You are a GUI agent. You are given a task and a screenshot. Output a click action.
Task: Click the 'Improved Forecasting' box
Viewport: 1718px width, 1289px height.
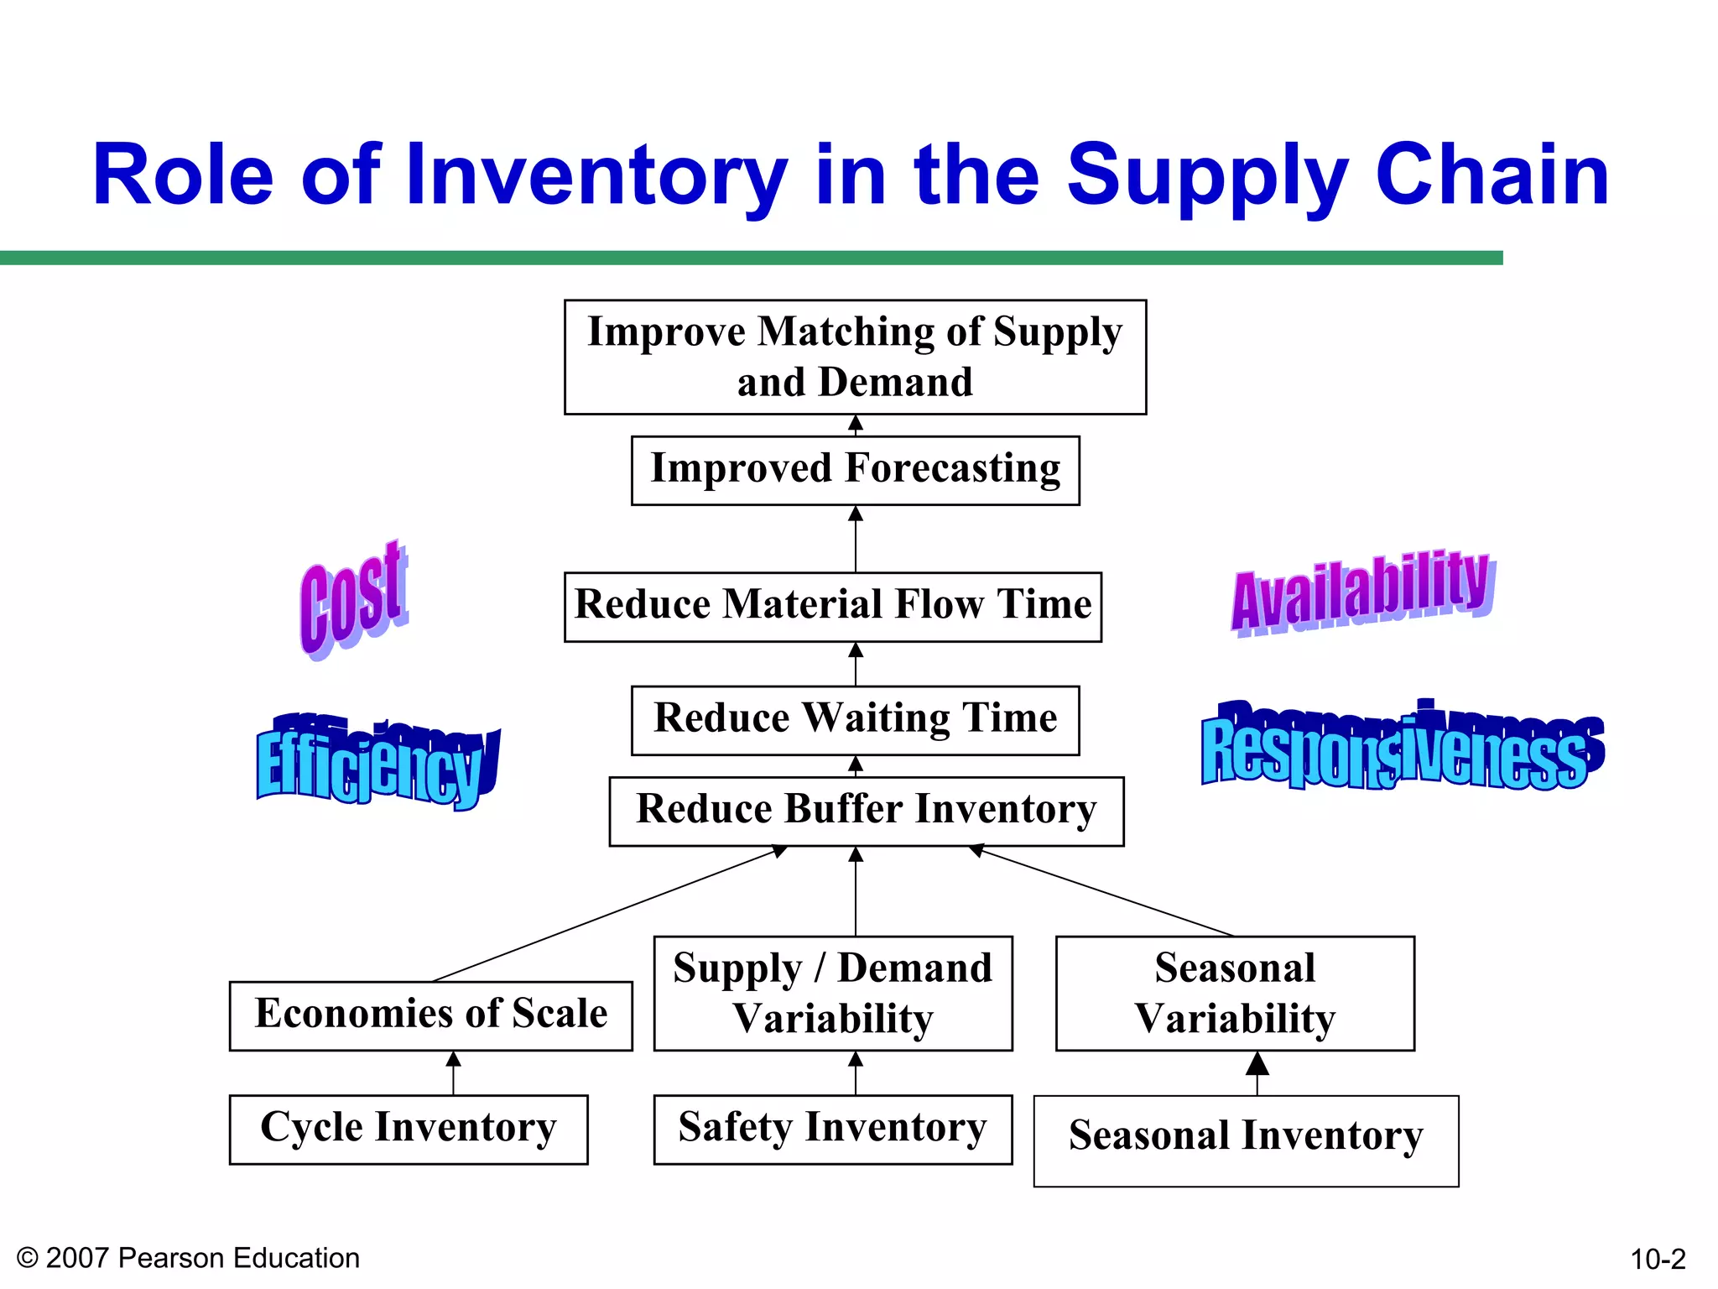click(x=855, y=470)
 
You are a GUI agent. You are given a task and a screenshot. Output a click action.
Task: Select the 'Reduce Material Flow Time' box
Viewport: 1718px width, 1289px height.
click(x=832, y=607)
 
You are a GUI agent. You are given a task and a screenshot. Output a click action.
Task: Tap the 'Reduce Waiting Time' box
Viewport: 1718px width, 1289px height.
click(x=855, y=720)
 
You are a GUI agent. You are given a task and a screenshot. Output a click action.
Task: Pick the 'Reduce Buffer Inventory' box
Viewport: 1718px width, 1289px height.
click(x=866, y=811)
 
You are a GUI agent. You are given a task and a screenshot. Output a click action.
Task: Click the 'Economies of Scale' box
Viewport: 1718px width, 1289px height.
click(x=430, y=1015)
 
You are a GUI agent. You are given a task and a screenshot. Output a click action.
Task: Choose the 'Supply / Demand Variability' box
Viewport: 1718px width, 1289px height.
click(x=832, y=993)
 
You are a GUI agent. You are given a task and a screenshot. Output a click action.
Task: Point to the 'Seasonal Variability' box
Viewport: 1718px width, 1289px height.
click(x=1235, y=993)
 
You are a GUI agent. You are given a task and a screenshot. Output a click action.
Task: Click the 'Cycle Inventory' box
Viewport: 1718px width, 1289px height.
click(x=408, y=1129)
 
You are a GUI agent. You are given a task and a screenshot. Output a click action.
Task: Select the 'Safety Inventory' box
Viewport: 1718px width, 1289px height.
click(x=832, y=1129)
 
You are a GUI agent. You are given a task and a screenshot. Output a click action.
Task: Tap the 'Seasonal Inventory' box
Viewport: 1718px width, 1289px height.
click(x=1246, y=1140)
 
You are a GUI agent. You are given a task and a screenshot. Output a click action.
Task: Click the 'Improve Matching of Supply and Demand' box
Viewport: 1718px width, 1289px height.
click(x=855, y=357)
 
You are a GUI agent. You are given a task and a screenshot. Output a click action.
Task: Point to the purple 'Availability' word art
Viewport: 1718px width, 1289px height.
click(x=1361, y=592)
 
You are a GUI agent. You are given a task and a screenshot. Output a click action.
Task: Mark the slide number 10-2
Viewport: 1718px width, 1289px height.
click(x=1657, y=1259)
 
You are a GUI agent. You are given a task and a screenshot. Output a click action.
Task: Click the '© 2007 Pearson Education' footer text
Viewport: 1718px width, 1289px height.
click(x=188, y=1258)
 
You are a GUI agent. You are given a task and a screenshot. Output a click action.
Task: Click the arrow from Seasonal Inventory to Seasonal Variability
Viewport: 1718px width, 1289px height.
click(x=1257, y=1073)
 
